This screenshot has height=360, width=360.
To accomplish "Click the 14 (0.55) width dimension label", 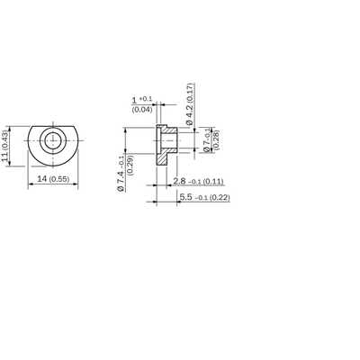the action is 53,179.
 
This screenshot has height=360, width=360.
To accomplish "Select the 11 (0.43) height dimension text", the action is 6,146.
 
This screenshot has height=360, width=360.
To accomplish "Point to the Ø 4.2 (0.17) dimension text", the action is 190,103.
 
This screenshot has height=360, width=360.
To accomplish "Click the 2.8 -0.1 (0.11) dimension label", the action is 198,181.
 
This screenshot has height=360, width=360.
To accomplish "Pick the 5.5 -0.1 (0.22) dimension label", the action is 204,197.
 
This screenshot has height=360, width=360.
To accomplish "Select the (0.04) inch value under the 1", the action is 142,110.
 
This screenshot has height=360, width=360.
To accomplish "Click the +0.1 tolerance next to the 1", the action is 146,99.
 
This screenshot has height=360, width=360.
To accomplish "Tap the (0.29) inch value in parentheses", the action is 130,166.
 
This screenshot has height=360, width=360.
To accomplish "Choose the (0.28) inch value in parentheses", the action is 216,139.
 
